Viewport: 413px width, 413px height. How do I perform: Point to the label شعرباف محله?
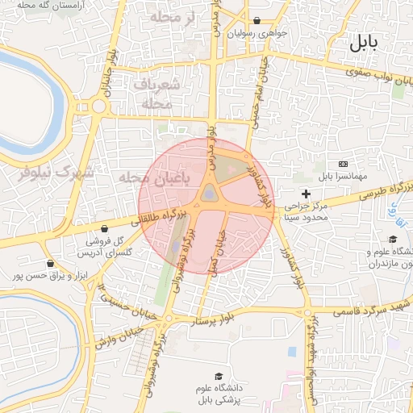[x=150, y=94]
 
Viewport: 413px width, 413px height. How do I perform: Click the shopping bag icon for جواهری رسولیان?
[x=257, y=21]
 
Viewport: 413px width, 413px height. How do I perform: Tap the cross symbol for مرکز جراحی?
[x=306, y=194]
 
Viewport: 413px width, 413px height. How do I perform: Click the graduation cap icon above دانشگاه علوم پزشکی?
[x=218, y=377]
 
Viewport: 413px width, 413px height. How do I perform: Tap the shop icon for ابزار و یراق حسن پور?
[x=51, y=264]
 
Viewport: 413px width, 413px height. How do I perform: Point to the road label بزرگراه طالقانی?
[x=164, y=217]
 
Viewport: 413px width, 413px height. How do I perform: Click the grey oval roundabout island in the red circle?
[x=209, y=194]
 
